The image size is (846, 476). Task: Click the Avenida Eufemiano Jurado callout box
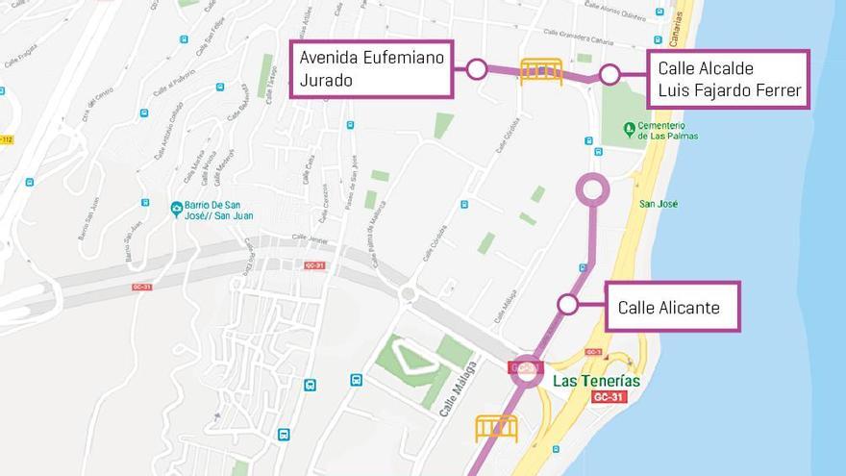372,69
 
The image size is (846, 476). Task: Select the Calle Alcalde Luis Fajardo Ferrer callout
728,80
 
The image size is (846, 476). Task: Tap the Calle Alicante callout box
673,307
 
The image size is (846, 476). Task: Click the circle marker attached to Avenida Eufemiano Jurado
476,68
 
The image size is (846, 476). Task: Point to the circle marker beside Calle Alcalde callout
610,75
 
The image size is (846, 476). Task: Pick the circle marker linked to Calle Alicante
567,305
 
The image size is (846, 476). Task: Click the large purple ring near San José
592,189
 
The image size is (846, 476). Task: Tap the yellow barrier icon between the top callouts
541,71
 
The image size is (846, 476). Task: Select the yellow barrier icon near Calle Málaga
496,428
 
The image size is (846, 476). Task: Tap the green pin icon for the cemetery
629,128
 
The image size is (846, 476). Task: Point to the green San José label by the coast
659,204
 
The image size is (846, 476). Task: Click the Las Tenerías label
596,381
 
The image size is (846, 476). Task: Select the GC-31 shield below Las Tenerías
609,397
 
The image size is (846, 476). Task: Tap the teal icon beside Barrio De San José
176,209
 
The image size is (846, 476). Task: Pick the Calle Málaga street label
459,388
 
